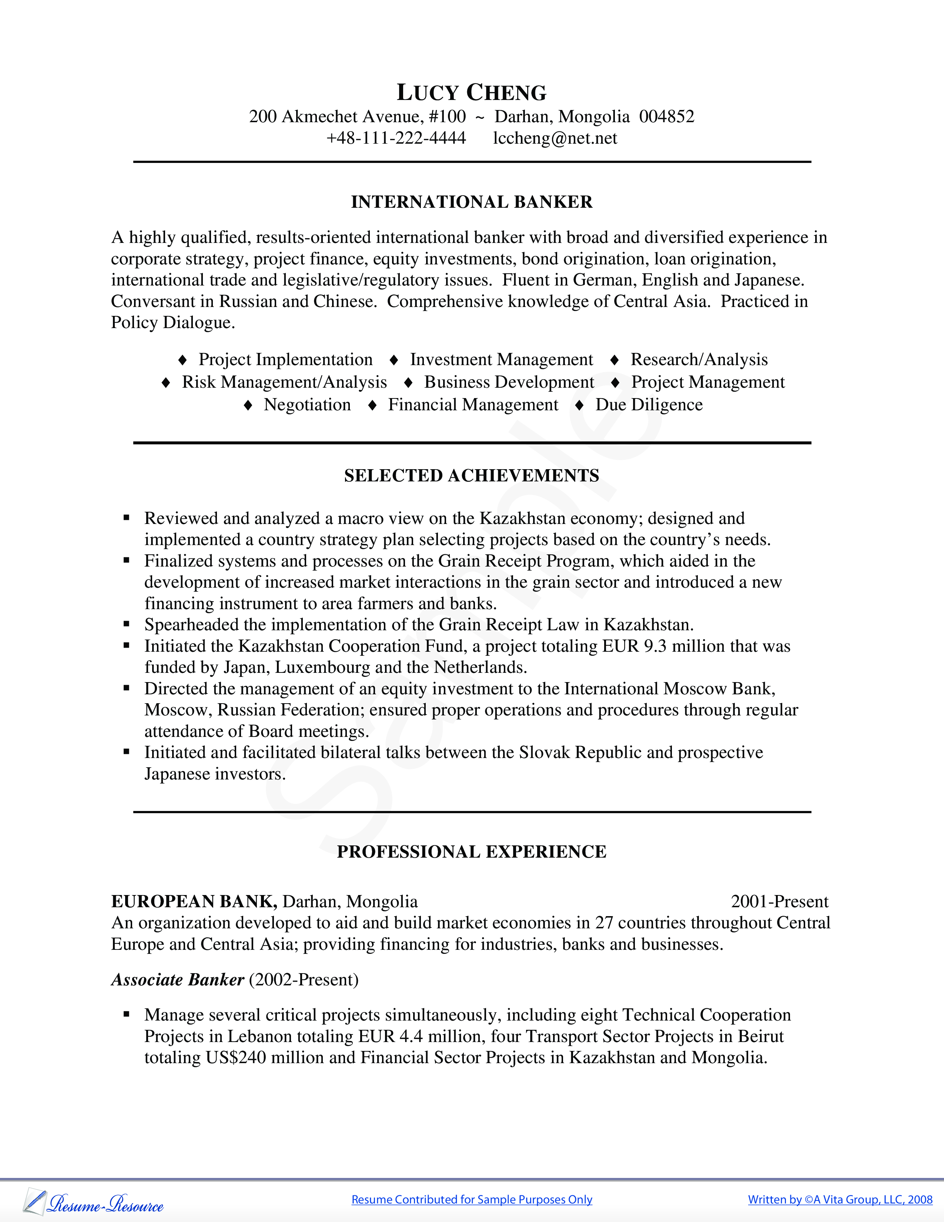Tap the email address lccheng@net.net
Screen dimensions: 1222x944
pyautogui.click(x=555, y=138)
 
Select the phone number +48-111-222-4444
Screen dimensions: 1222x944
pyautogui.click(x=396, y=138)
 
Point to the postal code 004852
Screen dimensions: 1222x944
pyautogui.click(x=667, y=116)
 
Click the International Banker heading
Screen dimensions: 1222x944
pyautogui.click(x=471, y=202)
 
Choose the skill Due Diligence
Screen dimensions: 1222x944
pyautogui.click(x=649, y=404)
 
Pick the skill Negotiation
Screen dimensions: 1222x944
pyautogui.click(x=307, y=404)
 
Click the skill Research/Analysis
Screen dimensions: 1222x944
pyautogui.click(x=699, y=359)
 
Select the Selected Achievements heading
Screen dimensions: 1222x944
pyautogui.click(x=471, y=475)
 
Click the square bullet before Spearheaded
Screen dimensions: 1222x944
pyautogui.click(x=126, y=624)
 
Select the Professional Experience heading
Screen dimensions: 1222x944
pyautogui.click(x=471, y=852)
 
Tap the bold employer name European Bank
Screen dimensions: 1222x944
pyautogui.click(x=194, y=901)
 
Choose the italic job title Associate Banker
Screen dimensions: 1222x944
pyautogui.click(x=178, y=980)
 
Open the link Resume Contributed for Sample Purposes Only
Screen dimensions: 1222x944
pyautogui.click(x=471, y=1200)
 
